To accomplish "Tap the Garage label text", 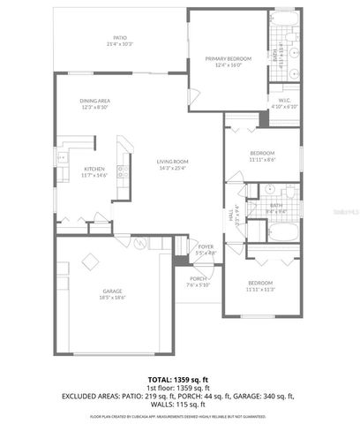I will click(111, 295).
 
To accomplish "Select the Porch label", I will click(198, 282).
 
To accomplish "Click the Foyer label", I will click(206, 249).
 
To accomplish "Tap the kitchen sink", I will click(63, 159).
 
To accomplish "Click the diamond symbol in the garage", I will click(90, 261).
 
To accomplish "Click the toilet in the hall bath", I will click(289, 191).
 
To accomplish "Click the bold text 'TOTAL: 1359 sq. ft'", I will click(179, 379).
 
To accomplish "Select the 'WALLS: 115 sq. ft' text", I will click(180, 405).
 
